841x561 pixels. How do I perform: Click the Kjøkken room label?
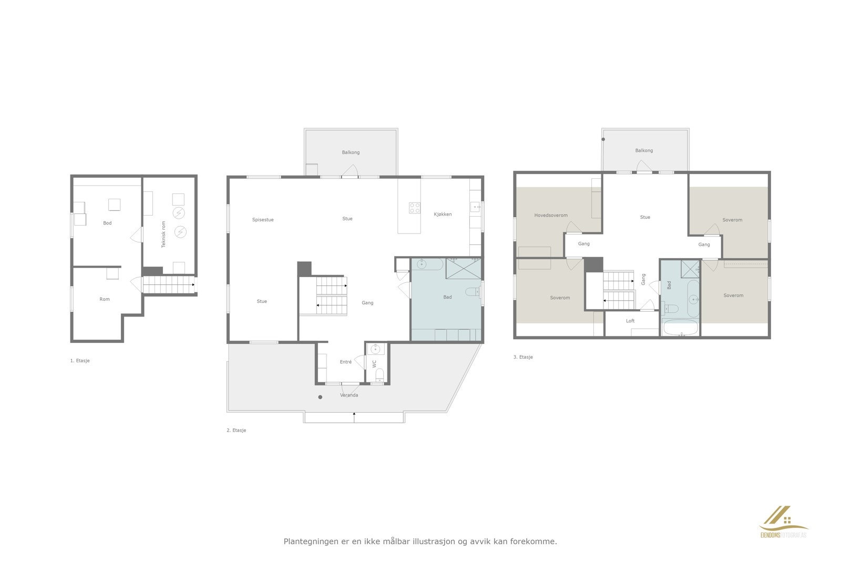(x=443, y=215)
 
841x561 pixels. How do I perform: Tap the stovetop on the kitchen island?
(x=415, y=208)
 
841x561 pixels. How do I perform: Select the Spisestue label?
(x=263, y=220)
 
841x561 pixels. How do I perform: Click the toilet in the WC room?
(x=380, y=374)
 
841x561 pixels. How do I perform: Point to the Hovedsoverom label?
(x=551, y=216)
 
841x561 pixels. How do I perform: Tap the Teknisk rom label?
(x=163, y=234)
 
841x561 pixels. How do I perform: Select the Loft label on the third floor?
(x=630, y=321)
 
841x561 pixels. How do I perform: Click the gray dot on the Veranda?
(x=320, y=397)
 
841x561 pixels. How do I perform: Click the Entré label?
(x=345, y=362)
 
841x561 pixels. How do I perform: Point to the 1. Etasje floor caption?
(x=80, y=361)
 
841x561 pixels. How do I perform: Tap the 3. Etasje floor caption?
(x=523, y=357)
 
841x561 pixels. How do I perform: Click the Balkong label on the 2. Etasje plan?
(x=351, y=152)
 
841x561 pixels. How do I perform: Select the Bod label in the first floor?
(x=107, y=223)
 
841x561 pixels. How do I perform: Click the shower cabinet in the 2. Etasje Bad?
(x=464, y=268)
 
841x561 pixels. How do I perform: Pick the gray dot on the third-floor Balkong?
(x=603, y=139)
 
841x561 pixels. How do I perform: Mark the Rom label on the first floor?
(x=105, y=299)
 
